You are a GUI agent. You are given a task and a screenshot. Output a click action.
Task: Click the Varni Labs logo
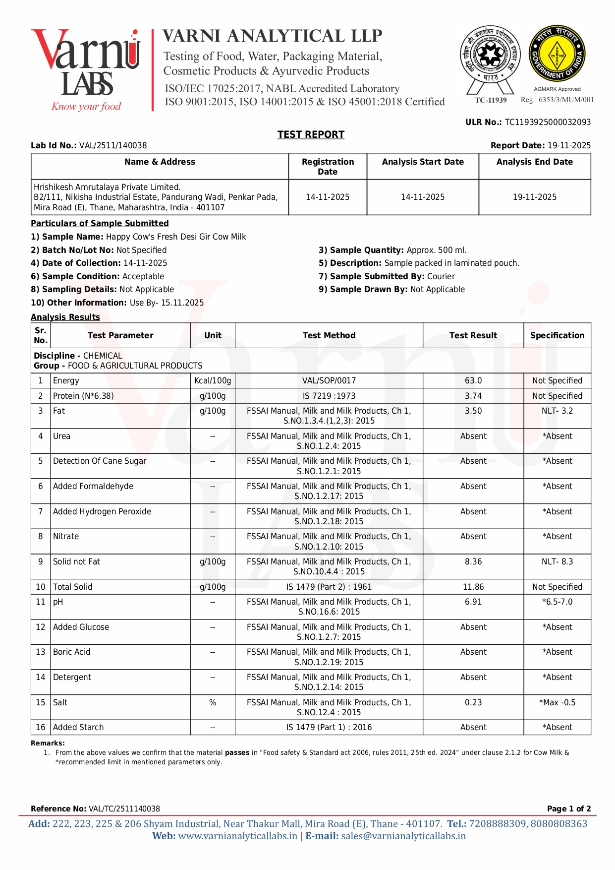tap(86, 69)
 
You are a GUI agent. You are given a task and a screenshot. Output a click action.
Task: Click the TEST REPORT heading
tap(311, 134)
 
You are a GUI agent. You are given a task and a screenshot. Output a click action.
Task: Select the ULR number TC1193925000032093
tap(548, 122)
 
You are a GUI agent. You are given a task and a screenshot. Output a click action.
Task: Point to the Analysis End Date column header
tap(534, 162)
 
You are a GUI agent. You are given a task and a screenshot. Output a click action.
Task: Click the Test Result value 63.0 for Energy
tap(473, 380)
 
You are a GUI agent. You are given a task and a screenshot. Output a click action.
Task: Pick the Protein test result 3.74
tap(473, 396)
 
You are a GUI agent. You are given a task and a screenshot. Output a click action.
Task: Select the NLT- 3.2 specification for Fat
tap(557, 411)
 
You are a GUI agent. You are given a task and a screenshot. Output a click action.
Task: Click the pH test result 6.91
tap(473, 602)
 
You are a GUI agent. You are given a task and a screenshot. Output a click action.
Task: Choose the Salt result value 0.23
tap(473, 702)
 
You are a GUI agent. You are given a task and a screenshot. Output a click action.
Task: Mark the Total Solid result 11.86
tap(473, 587)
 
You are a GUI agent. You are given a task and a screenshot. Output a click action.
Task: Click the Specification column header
tap(557, 335)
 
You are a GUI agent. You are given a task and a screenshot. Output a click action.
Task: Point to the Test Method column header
tap(329, 335)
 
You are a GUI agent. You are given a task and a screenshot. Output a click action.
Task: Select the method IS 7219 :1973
tap(329, 396)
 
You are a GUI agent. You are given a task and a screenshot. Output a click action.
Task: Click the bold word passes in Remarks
tap(237, 752)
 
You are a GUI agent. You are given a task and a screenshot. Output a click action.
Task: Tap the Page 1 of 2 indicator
tap(568, 808)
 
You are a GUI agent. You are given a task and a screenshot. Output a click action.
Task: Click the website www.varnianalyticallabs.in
tap(237, 836)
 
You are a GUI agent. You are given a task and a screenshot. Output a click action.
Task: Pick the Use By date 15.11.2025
tap(182, 303)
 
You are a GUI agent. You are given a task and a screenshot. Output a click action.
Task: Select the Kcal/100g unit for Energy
tap(213, 380)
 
